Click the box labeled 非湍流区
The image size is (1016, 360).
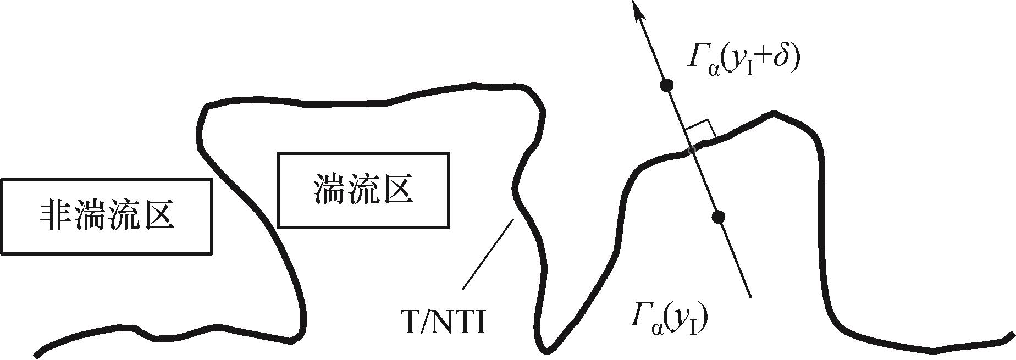click(x=106, y=216)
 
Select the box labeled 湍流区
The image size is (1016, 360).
click(x=363, y=190)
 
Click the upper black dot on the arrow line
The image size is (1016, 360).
click(x=667, y=85)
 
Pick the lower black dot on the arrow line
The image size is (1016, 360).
click(x=717, y=217)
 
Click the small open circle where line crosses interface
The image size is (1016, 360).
click(x=692, y=149)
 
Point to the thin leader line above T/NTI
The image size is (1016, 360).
click(x=488, y=254)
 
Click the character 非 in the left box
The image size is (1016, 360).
click(x=54, y=215)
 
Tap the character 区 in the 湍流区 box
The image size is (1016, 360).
click(x=395, y=190)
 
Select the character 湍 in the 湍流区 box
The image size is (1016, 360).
click(x=330, y=190)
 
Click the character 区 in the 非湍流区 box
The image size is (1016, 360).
click(x=158, y=215)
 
